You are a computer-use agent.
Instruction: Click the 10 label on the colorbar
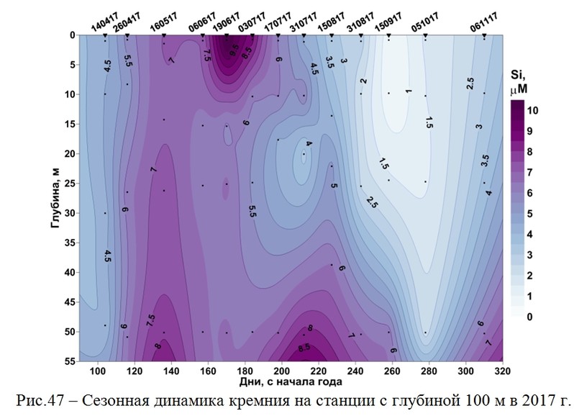click(x=533, y=110)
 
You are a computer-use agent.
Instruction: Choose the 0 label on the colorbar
click(x=530, y=317)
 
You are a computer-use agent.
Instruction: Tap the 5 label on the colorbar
click(x=530, y=214)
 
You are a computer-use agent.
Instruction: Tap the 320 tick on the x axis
click(x=503, y=371)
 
